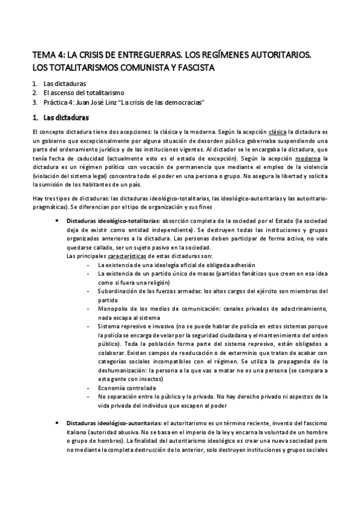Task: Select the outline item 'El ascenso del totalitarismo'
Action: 84,93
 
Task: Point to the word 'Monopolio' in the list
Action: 113,309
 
